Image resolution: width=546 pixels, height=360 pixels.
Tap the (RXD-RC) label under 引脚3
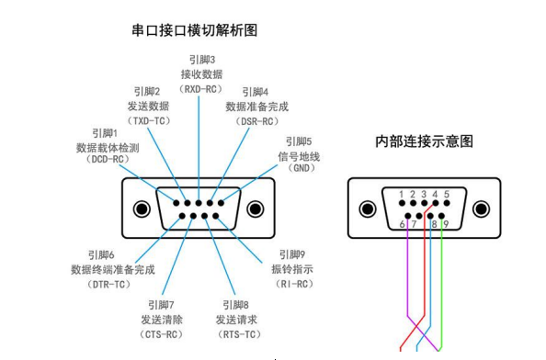pos(200,88)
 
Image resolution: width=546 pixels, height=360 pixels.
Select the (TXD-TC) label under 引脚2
pos(146,120)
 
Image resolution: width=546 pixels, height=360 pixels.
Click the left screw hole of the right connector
pos(367,209)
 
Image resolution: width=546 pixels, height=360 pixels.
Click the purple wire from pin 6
pos(405,276)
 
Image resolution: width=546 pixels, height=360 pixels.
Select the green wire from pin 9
pos(443,276)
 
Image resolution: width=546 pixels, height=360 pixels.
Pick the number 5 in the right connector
pos(446,195)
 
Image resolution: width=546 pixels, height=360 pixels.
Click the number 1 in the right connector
pos(402,195)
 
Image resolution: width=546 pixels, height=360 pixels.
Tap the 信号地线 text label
pos(300,157)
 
